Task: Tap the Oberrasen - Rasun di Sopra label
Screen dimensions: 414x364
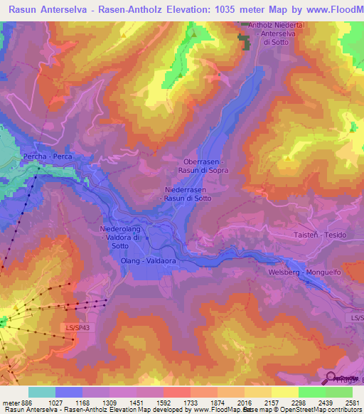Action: click(205, 166)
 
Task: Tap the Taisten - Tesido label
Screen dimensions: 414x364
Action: click(318, 235)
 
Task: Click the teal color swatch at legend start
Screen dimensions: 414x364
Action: click(41, 392)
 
